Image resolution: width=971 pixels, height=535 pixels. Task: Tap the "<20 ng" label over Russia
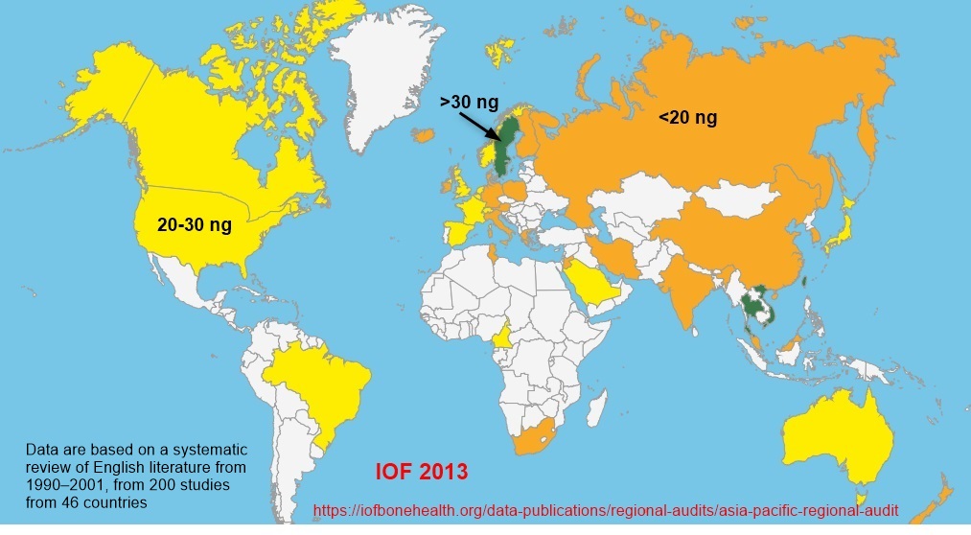pos(686,118)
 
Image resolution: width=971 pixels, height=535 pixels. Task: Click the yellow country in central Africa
pos(500,337)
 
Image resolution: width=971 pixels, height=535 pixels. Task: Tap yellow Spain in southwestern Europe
pos(457,230)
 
